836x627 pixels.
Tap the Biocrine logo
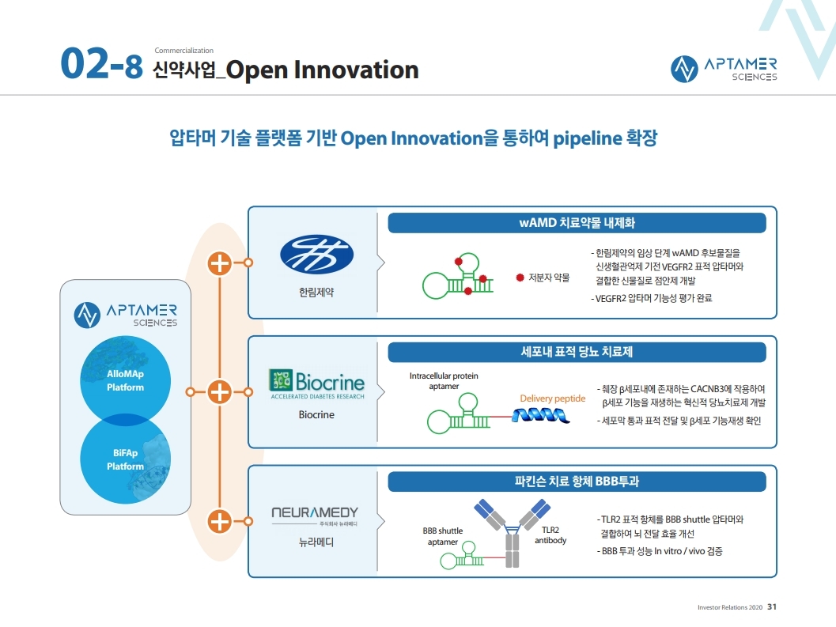(316, 383)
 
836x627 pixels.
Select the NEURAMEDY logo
(315, 513)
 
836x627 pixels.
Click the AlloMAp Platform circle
(126, 380)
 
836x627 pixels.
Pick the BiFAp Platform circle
(126, 459)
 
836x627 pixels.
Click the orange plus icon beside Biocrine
(219, 391)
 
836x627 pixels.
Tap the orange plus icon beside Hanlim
(219, 263)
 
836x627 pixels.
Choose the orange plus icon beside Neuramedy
(219, 521)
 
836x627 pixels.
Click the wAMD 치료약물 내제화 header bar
(577, 223)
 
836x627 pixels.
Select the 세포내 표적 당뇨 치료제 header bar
(577, 352)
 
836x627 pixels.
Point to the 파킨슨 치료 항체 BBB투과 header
(577, 481)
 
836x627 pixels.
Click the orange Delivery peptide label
(552, 398)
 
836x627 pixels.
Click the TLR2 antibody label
(550, 535)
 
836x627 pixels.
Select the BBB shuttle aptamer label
(443, 536)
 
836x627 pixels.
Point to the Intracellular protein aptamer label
(443, 381)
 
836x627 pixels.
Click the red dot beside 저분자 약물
(520, 278)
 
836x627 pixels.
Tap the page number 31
(773, 607)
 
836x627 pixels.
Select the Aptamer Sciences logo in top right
(724, 69)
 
